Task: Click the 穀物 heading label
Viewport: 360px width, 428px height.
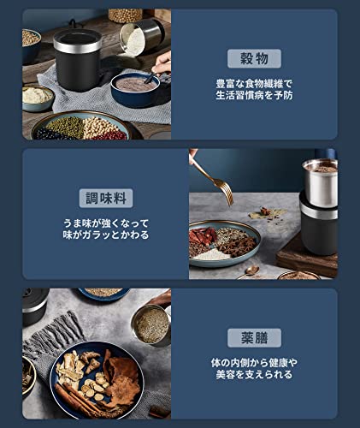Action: pyautogui.click(x=254, y=59)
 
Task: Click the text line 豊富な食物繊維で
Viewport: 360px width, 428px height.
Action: pyautogui.click(x=254, y=85)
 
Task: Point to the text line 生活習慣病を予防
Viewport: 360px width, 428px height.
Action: pyautogui.click(x=254, y=98)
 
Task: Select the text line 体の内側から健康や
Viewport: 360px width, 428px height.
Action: pyautogui.click(x=254, y=364)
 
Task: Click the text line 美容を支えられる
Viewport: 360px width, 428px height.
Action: pyautogui.click(x=254, y=377)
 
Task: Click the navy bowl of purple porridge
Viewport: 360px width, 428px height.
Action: pyautogui.click(x=138, y=89)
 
